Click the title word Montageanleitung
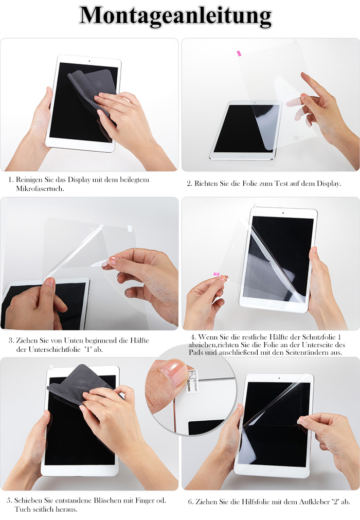point(175,16)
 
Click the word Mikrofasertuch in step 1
point(40,189)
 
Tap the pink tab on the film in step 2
point(239,53)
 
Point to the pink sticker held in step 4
point(216,274)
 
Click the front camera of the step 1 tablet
point(89,61)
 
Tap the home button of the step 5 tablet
point(79,470)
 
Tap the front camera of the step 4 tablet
point(283,213)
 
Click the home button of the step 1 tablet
point(80,145)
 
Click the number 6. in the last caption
point(191,502)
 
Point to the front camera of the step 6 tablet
point(279,378)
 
